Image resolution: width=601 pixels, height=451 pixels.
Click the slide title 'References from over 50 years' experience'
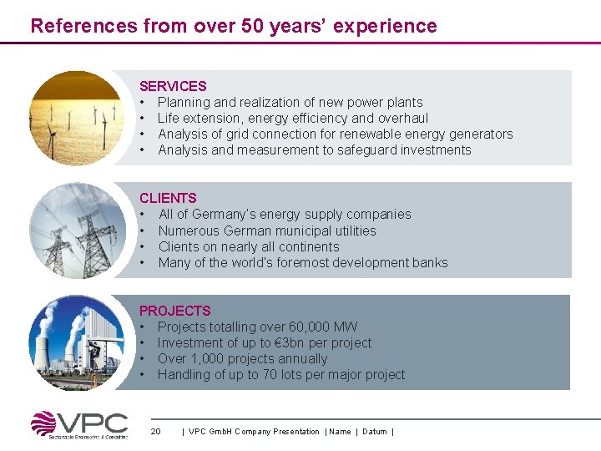pyautogui.click(x=234, y=26)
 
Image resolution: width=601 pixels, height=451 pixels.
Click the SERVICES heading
pyautogui.click(x=173, y=86)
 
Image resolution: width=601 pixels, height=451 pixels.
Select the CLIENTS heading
pyautogui.click(x=168, y=198)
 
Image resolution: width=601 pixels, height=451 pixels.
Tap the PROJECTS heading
pyautogui.click(x=175, y=311)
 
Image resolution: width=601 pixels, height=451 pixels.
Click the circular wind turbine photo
pyautogui.click(x=76, y=117)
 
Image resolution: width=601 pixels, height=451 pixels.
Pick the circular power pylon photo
pyautogui.click(x=76, y=230)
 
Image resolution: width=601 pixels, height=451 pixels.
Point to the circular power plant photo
pyautogui.click(x=76, y=342)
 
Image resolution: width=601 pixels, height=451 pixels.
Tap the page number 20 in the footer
pyautogui.click(x=155, y=432)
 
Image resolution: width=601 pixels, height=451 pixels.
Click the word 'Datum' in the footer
pyautogui.click(x=375, y=432)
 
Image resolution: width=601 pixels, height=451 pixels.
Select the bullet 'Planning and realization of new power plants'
pyautogui.click(x=290, y=102)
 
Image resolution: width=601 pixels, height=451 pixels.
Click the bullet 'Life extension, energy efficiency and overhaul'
pyautogui.click(x=292, y=118)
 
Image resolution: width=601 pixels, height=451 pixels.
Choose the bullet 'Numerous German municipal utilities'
pyautogui.click(x=267, y=231)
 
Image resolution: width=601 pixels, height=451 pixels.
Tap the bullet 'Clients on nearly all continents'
pyautogui.click(x=249, y=246)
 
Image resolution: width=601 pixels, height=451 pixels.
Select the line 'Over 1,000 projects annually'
pyautogui.click(x=242, y=358)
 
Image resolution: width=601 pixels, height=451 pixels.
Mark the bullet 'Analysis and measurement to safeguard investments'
pyautogui.click(x=314, y=150)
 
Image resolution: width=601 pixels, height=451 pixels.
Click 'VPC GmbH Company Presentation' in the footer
pyautogui.click(x=254, y=432)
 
